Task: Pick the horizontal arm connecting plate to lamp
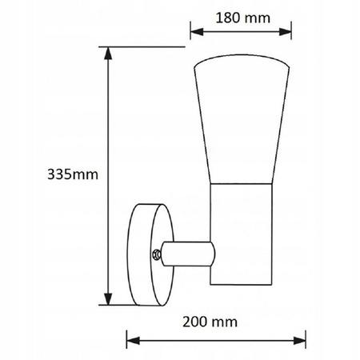coord(188,254)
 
